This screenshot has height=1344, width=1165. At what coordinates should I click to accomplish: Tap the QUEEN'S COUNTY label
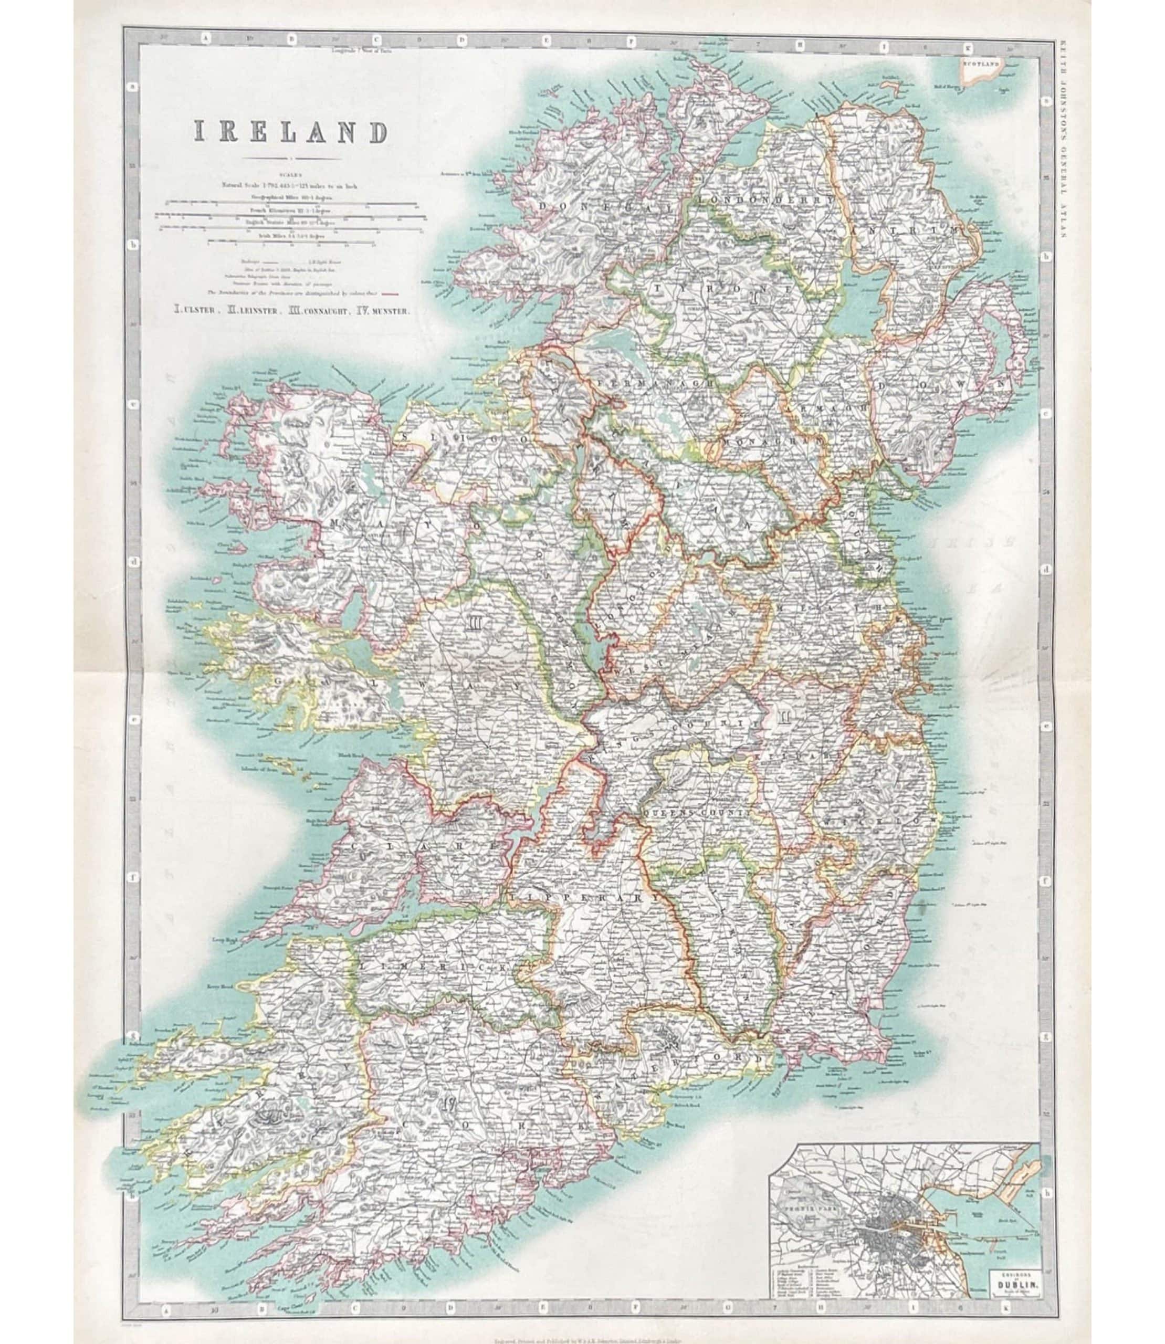tap(697, 813)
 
